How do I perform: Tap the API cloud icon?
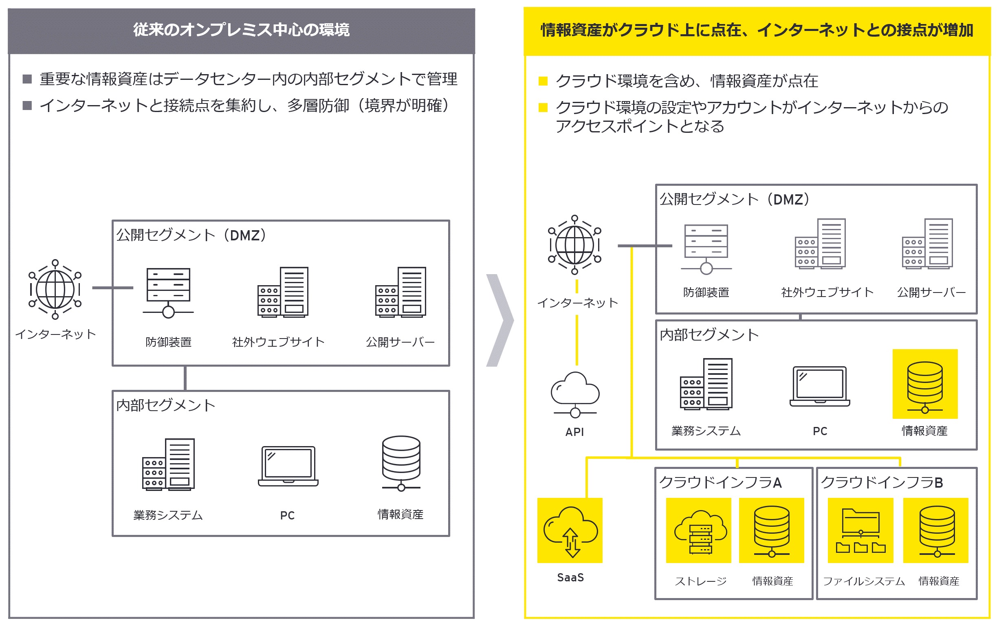pyautogui.click(x=575, y=394)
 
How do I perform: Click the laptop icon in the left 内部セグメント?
pyautogui.click(x=288, y=466)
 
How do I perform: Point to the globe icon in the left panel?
pyautogui.click(x=55, y=289)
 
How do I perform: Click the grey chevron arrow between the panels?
pyautogui.click(x=500, y=320)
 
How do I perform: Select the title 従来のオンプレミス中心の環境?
pyautogui.click(x=241, y=30)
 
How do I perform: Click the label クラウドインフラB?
pyautogui.click(x=882, y=482)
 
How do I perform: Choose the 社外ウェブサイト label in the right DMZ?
pyautogui.click(x=827, y=292)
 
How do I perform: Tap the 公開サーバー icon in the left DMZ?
pyautogui.click(x=400, y=292)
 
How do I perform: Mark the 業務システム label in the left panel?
pyautogui.click(x=168, y=515)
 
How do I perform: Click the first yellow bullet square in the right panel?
pyautogui.click(x=543, y=81)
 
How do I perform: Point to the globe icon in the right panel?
pyautogui.click(x=575, y=245)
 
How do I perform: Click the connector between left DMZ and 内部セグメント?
pyautogui.click(x=185, y=378)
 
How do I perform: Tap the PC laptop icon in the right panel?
pyautogui.click(x=819, y=387)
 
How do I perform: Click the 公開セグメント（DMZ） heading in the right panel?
pyautogui.click(x=734, y=199)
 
